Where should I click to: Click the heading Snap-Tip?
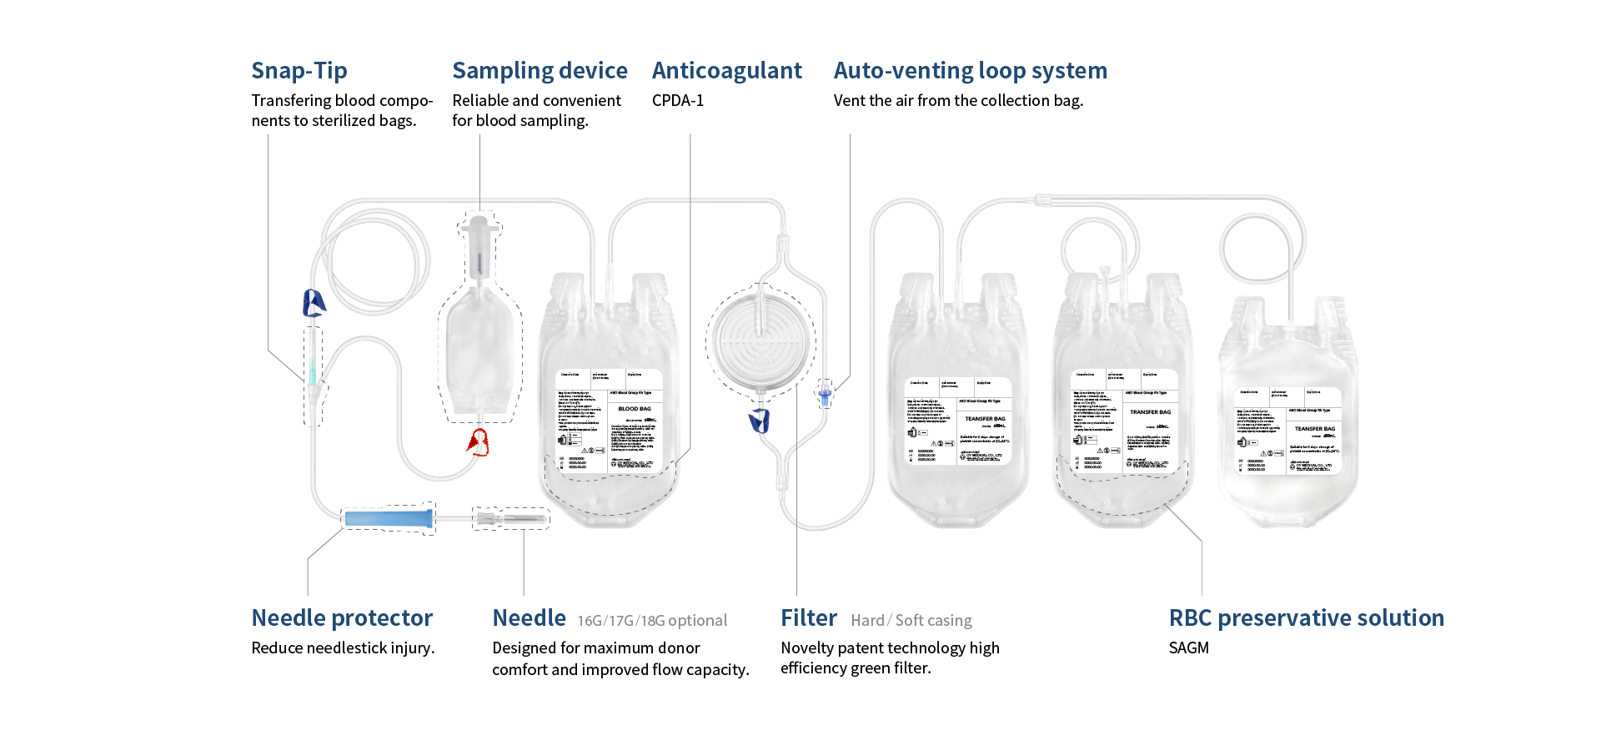pos(299,71)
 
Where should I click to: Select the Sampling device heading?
pos(540,71)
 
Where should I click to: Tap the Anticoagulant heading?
pos(726,71)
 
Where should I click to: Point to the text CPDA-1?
pos(677,101)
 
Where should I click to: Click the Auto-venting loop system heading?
pos(970,71)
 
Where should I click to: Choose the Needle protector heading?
pos(342,618)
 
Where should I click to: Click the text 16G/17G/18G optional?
pos(652,621)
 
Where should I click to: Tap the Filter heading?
pos(808,618)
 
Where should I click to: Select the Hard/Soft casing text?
pos(911,621)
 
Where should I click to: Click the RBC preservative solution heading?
pos(1306,618)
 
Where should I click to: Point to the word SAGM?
pos(1188,648)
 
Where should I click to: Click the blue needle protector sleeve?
pos(389,519)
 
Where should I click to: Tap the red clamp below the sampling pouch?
pos(478,442)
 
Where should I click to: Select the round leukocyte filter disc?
pos(760,342)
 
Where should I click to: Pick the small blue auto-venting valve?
pos(825,395)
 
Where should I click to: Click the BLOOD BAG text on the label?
pos(635,409)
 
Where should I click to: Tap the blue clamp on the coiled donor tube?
pos(314,303)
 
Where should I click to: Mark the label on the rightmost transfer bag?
pos(1287,431)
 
